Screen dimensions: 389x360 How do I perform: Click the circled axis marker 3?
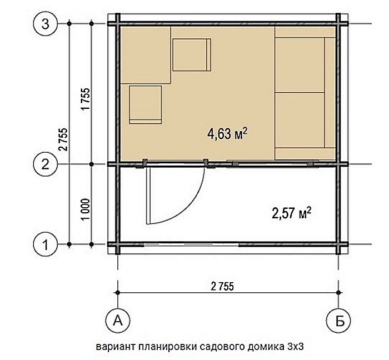coord(45,24)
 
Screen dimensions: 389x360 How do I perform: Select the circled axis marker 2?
coord(45,164)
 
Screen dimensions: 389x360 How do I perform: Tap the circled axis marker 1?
coord(45,244)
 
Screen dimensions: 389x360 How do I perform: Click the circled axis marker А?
coord(118,321)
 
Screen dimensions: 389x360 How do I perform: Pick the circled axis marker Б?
coord(338,321)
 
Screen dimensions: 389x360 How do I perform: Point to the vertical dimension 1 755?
coord(85,99)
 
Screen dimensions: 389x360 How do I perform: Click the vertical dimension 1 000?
coord(85,209)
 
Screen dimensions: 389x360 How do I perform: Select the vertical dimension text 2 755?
coord(63,139)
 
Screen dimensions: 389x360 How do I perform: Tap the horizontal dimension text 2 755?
coord(222,287)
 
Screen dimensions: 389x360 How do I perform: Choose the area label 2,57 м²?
coord(292,213)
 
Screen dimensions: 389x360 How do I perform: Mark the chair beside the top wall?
coord(192,54)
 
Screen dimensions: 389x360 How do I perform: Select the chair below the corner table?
coord(146,104)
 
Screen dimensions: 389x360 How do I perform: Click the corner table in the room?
coord(145,55)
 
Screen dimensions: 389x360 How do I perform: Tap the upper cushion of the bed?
coord(300,65)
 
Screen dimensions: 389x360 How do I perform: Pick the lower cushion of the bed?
coord(300,120)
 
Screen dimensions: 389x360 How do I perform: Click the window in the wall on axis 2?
coord(273,164)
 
